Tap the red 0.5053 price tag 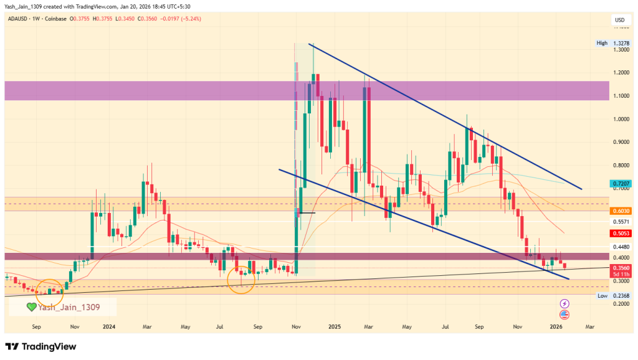(621, 233)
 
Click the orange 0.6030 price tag (621, 211)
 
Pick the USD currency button (619, 20)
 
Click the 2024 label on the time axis (109, 326)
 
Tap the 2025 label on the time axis (335, 326)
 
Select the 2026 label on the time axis (556, 326)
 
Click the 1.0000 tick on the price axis (621, 119)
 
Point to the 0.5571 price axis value (621, 222)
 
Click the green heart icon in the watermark (31, 306)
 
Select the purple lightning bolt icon (564, 303)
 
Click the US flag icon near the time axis (564, 314)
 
